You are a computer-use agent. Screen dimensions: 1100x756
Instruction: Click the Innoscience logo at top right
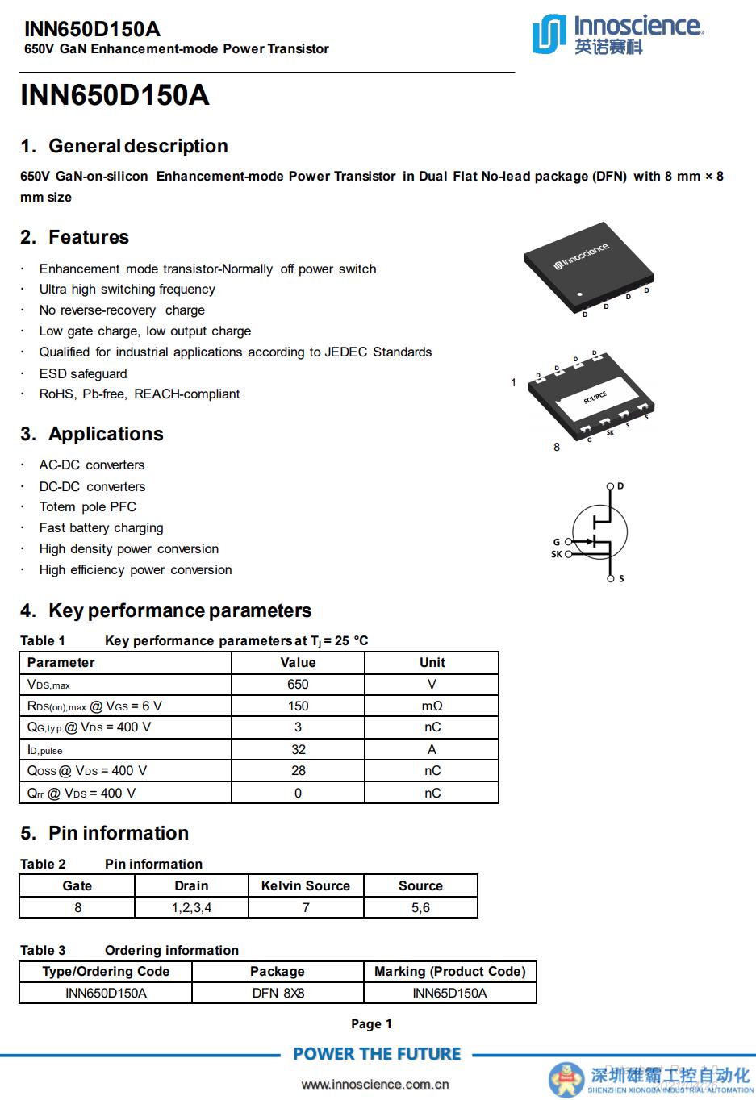pos(617,35)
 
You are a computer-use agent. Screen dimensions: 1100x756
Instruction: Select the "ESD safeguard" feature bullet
pos(83,373)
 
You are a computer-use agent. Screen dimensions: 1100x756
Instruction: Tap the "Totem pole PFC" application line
pos(88,506)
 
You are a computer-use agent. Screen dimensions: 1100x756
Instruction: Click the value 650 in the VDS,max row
pos(298,684)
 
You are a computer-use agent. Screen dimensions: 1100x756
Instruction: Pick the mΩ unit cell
pos(432,706)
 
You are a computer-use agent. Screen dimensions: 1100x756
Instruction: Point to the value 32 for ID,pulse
pos(298,749)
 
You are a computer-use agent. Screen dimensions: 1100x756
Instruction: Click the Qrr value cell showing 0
pos(298,793)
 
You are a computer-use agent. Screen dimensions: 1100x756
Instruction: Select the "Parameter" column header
pos(61,662)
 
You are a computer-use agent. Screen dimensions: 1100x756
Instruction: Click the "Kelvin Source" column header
pos(306,885)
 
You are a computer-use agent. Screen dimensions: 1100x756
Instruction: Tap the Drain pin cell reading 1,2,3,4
pos(191,907)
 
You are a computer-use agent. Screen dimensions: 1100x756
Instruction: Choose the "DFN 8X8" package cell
pos(278,993)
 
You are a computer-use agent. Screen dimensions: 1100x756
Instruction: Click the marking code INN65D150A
pos(449,993)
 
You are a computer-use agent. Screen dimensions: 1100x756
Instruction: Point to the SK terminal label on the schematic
pos(557,554)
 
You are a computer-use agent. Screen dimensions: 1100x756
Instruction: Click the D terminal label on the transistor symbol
pos(620,486)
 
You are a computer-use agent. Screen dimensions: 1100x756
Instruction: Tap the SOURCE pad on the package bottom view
pos(595,398)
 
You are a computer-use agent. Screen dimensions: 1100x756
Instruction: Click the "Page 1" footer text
pos(371,1024)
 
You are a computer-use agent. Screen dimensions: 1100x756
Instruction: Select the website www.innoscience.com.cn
pos(375,1084)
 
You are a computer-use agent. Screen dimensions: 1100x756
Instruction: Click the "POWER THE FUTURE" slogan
pos(377,1054)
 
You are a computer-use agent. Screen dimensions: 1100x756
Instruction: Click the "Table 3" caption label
pos(43,950)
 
